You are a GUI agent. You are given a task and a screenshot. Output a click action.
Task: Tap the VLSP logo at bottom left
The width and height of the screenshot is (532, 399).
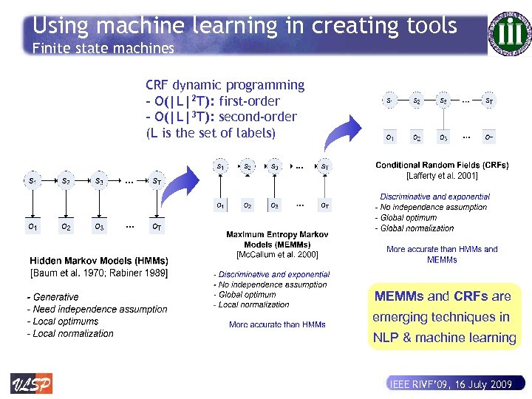(x=31, y=383)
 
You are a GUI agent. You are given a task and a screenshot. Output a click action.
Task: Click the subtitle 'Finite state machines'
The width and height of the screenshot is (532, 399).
(x=103, y=49)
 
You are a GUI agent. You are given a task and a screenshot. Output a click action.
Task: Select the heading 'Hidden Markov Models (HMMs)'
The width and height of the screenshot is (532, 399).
(x=99, y=261)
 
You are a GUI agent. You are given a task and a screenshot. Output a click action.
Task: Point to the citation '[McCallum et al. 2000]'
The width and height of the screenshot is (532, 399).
(x=277, y=254)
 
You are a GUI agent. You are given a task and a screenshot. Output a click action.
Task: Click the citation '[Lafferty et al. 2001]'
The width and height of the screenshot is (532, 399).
(x=442, y=176)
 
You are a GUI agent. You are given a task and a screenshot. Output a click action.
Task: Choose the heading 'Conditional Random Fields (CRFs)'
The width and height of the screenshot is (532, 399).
(x=442, y=166)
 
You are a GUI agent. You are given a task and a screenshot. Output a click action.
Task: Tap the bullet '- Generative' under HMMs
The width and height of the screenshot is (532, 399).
(x=53, y=297)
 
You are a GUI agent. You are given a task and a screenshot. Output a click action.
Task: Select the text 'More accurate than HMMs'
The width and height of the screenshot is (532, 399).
(x=277, y=324)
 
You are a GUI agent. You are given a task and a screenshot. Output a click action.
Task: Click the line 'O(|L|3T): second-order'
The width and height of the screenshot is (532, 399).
(x=222, y=117)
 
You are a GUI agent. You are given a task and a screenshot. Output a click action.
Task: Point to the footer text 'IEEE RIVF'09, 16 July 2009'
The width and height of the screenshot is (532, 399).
(x=450, y=384)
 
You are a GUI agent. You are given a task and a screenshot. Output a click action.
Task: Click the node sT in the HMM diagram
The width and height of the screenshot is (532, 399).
(x=157, y=180)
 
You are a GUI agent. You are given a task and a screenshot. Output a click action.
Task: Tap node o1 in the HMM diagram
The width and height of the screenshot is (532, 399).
(x=33, y=227)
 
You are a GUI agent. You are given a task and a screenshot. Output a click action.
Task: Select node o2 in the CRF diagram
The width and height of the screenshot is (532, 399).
(x=417, y=137)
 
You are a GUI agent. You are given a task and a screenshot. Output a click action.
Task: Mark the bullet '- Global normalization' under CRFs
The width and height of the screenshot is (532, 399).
(x=415, y=228)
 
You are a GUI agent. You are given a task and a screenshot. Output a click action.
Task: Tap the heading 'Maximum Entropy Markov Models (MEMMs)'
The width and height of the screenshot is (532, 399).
(x=277, y=239)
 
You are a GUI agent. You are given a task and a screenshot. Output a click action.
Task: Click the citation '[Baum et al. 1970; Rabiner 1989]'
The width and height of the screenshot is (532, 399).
(x=99, y=273)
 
